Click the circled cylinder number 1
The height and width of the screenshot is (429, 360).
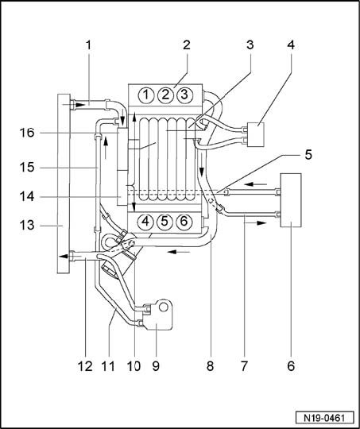(x=146, y=95)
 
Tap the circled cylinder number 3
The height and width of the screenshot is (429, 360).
(x=184, y=95)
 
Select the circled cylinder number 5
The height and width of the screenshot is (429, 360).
(x=165, y=221)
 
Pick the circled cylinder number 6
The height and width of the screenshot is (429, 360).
(x=184, y=221)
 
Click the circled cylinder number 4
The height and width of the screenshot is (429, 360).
(x=146, y=221)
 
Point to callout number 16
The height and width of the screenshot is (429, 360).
(x=27, y=133)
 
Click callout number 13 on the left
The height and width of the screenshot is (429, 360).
(x=27, y=225)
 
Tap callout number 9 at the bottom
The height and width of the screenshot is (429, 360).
(x=156, y=365)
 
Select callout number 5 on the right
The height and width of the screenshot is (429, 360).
(x=308, y=155)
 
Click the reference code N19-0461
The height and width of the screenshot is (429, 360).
(x=324, y=418)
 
